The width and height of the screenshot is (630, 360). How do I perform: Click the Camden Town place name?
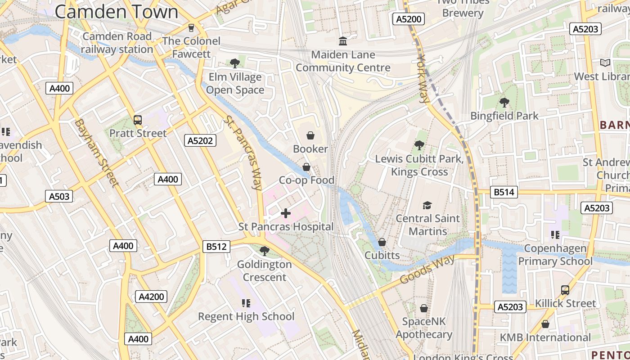pyautogui.click(x=117, y=12)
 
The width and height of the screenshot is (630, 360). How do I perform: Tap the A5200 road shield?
pyautogui.click(x=409, y=19)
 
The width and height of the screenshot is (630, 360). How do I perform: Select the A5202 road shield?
pyautogui.click(x=201, y=141)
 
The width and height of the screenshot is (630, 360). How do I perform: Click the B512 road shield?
pyautogui.click(x=216, y=247)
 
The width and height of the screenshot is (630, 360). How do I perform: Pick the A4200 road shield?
pyautogui.click(x=151, y=297)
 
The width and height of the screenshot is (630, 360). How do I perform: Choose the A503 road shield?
pyautogui.click(x=59, y=196)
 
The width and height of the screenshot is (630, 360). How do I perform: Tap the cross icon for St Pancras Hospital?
pyautogui.click(x=286, y=213)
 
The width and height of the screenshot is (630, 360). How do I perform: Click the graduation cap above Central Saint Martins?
pyautogui.click(x=427, y=206)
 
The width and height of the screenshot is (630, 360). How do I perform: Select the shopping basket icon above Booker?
pyautogui.click(x=310, y=135)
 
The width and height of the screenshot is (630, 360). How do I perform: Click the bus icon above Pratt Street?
pyautogui.click(x=138, y=120)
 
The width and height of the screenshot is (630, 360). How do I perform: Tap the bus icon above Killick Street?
pyautogui.click(x=565, y=290)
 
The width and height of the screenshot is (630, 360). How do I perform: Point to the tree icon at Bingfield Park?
pyautogui.click(x=504, y=103)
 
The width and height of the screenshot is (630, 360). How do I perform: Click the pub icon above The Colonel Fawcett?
pyautogui.click(x=192, y=28)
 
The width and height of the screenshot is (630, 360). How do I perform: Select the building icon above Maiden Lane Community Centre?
pyautogui.click(x=343, y=41)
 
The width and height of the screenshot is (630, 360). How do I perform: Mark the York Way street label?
pyautogui.click(x=423, y=79)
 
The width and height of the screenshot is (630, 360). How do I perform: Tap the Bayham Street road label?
pyautogui.click(x=96, y=152)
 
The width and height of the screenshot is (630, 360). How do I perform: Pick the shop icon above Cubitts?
pyautogui.click(x=382, y=242)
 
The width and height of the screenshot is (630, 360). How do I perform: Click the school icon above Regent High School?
pyautogui.click(x=246, y=303)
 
